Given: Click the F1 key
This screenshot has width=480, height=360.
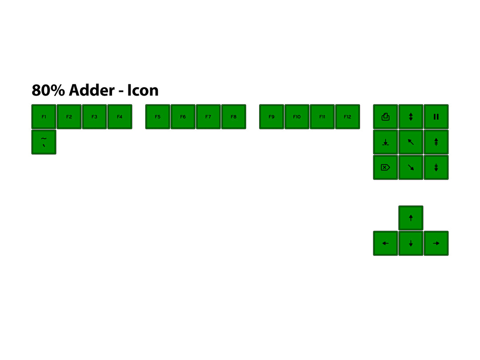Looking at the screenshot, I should click(x=44, y=117).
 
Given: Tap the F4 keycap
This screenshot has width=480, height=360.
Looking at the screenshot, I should click(x=120, y=117).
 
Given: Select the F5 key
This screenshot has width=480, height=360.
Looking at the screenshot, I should click(x=158, y=117).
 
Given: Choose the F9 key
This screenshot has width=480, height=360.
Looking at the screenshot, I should click(x=272, y=117).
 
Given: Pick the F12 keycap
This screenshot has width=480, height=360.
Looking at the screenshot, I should click(x=348, y=117).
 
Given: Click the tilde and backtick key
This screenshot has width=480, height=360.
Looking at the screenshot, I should click(x=44, y=142).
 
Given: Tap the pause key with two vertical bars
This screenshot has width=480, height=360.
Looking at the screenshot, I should click(x=436, y=117).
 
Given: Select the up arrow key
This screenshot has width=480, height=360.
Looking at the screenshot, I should click(x=411, y=218).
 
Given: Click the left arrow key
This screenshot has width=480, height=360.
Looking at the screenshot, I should click(x=385, y=243).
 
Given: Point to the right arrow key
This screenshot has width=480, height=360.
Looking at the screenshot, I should click(x=436, y=243).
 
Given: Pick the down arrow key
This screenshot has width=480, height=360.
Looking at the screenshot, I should click(x=411, y=243).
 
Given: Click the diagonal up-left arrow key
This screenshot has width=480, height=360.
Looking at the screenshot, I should click(x=411, y=142).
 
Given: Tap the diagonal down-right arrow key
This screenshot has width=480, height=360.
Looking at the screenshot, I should click(x=411, y=168).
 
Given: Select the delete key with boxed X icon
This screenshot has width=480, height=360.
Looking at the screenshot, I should click(x=385, y=168).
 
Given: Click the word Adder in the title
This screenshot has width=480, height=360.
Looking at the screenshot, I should click(x=92, y=90).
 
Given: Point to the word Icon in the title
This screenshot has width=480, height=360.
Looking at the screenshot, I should click(x=143, y=90).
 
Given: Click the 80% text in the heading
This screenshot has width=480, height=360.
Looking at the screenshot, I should click(x=48, y=90).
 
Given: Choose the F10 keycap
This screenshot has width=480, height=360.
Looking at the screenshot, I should click(x=297, y=117).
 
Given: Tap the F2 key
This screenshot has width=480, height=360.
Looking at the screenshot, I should click(x=69, y=117).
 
